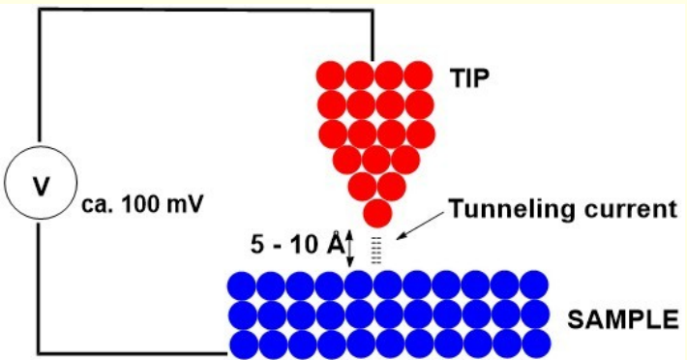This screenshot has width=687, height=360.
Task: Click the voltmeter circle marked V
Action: (x=39, y=183)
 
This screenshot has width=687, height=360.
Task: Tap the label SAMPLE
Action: (x=615, y=316)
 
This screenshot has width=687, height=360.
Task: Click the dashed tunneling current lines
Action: (x=378, y=251)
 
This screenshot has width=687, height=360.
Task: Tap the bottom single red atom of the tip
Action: (x=377, y=212)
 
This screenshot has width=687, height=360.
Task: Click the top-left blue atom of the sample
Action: (x=241, y=285)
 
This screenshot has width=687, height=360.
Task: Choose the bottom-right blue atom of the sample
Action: (x=534, y=344)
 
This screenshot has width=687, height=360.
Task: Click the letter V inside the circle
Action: (x=39, y=183)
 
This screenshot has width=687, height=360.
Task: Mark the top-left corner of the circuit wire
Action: (x=39, y=11)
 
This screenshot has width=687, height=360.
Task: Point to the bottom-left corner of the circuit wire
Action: (x=39, y=352)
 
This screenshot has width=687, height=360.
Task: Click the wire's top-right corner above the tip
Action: (x=373, y=11)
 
